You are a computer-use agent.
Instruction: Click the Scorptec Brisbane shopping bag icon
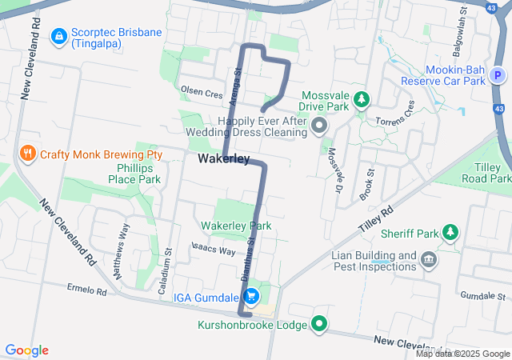(x=59, y=37)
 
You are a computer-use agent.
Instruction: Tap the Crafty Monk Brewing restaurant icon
(x=27, y=154)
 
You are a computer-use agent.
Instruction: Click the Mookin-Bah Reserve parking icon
(x=498, y=76)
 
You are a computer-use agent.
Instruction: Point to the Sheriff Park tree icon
(x=451, y=233)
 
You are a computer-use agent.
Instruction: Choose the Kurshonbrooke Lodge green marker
(x=320, y=324)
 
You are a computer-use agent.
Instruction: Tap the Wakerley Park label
(x=236, y=226)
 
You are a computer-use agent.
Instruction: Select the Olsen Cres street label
(x=202, y=94)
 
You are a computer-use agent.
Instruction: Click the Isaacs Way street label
(x=214, y=250)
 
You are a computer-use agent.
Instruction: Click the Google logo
(x=27, y=350)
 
